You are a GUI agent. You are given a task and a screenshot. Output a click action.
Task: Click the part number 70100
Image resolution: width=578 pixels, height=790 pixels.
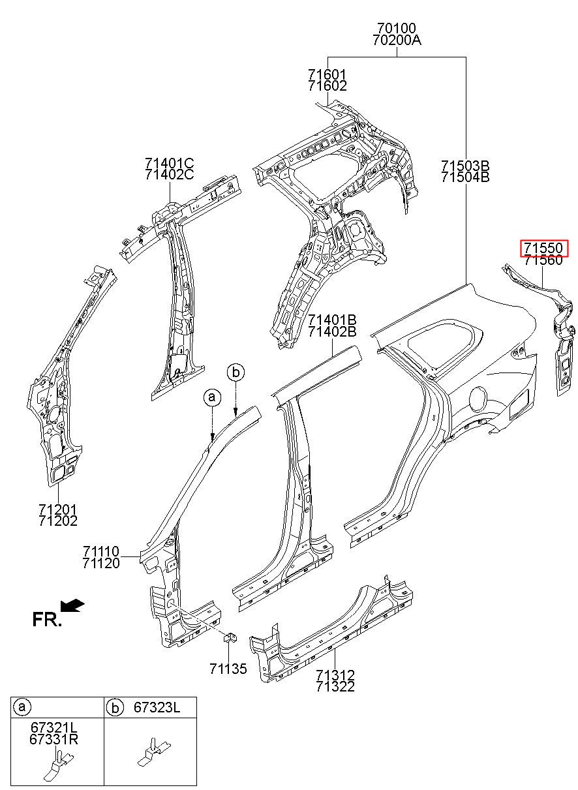tap(397, 29)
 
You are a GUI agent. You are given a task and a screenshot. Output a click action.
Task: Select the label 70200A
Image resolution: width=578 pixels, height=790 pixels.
tap(397, 40)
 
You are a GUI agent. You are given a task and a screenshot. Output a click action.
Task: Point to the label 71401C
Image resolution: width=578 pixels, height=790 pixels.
tap(170, 162)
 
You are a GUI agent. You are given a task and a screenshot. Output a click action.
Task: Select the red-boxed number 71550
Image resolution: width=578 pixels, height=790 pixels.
tap(544, 249)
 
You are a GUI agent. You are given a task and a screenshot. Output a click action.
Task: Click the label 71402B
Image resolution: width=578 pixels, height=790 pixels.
tap(332, 331)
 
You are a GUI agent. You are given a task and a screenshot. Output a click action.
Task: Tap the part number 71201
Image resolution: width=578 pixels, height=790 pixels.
tap(57, 509)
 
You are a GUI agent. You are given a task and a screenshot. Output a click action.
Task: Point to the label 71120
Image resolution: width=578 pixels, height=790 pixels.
tap(101, 564)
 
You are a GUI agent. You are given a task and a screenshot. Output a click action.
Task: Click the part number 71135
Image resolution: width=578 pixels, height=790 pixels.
tap(228, 669)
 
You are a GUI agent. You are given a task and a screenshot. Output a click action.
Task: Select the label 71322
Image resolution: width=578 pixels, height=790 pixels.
tap(335, 686)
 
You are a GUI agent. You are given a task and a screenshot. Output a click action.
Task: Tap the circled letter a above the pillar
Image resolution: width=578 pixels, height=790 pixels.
tap(211, 397)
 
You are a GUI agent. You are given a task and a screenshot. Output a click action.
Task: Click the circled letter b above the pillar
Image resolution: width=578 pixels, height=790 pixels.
tap(236, 372)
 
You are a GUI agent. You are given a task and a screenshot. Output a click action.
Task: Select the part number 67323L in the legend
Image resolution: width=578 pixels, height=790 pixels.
tap(157, 707)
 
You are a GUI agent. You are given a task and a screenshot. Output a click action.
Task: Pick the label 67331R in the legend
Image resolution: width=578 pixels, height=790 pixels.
tap(53, 739)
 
